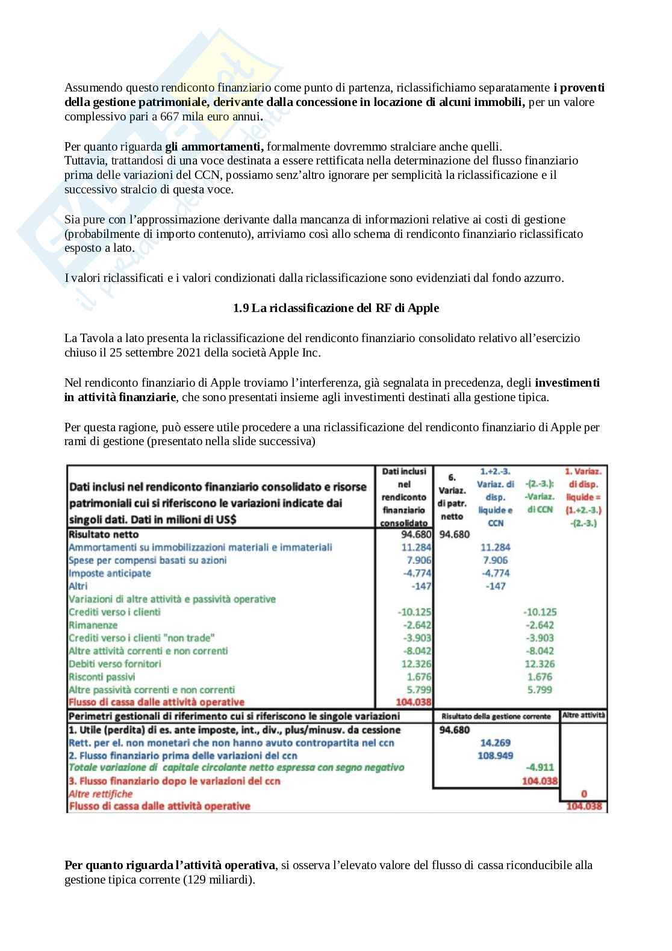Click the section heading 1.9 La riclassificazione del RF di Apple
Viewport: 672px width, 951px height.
pos(336,308)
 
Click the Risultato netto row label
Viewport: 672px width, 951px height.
pos(104,534)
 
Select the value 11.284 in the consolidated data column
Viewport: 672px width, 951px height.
pos(417,547)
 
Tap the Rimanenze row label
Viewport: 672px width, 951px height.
pos(93,625)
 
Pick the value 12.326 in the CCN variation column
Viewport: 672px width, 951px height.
pos(540,664)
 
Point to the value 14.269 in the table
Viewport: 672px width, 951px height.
pos(495,743)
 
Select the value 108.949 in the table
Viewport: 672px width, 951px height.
pos(495,755)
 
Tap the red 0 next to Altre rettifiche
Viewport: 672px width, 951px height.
pos(584,794)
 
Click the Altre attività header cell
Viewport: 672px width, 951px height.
pos(583,716)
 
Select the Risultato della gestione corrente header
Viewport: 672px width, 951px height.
pos(496,716)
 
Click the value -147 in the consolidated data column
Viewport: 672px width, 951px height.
pos(421,586)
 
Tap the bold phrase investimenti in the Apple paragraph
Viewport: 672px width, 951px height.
pos(567,382)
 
